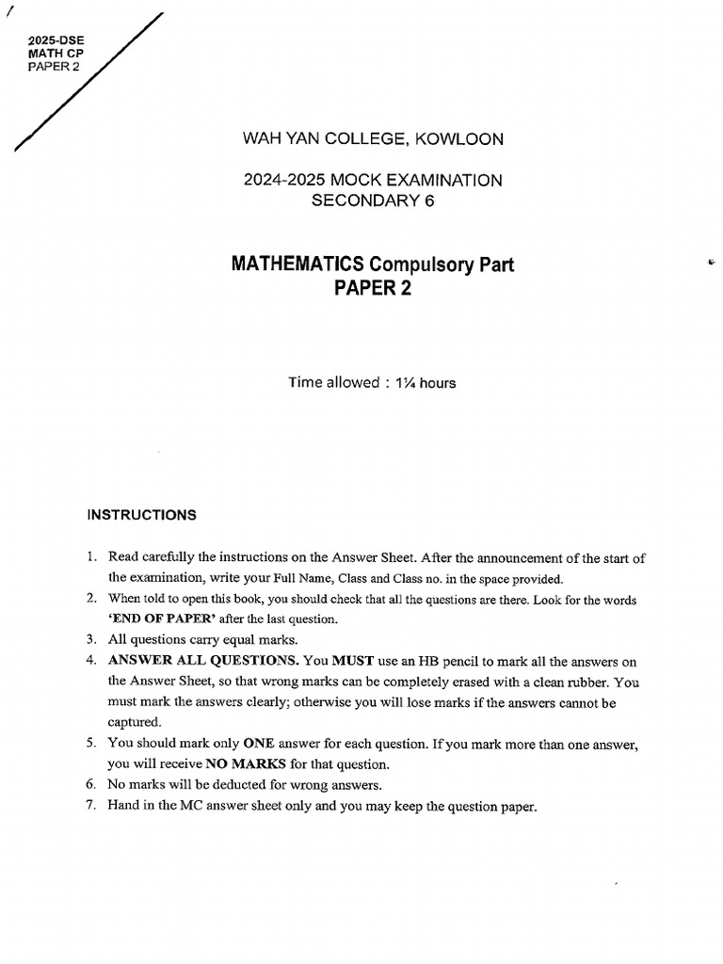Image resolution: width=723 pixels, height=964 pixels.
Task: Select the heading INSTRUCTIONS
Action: tap(142, 515)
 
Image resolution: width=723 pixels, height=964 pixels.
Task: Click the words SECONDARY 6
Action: tap(373, 200)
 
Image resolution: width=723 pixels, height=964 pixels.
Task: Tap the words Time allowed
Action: tap(333, 383)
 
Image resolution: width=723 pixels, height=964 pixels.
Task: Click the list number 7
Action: tap(91, 806)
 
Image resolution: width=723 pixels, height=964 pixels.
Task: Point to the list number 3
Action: tap(91, 638)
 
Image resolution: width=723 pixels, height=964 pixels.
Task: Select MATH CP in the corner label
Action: tap(56, 54)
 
